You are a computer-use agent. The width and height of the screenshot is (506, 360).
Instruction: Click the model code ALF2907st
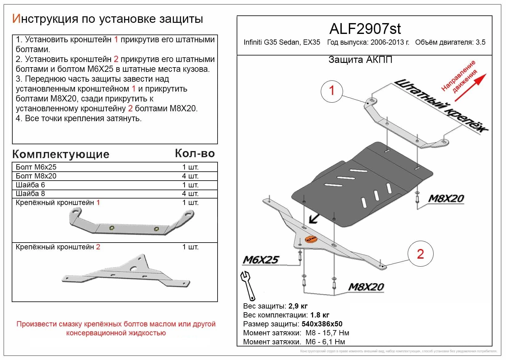tap(365, 29)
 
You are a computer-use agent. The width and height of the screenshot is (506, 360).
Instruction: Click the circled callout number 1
tap(332, 91)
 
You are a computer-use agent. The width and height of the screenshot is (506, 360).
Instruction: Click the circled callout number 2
tap(420, 254)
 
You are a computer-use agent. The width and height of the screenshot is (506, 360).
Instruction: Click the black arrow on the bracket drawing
tap(314, 219)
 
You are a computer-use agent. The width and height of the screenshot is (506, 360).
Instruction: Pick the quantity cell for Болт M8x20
tap(190, 176)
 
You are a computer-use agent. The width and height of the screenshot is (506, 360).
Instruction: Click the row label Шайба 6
tap(30, 185)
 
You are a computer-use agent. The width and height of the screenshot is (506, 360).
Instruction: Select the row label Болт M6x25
tap(36, 167)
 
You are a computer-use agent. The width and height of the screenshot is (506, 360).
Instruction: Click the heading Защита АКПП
tap(360, 60)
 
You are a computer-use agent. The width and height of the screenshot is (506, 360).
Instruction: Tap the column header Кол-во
tap(195, 153)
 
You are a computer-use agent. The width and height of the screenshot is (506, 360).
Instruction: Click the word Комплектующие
tap(61, 154)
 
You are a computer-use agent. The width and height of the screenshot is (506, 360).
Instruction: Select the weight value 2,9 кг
tap(298, 306)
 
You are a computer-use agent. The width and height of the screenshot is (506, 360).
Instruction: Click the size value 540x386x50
tap(322, 324)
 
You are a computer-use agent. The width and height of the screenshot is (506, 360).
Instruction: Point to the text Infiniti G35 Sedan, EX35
tap(282, 43)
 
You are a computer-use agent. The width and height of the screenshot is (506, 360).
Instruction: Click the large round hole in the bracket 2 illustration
tap(134, 268)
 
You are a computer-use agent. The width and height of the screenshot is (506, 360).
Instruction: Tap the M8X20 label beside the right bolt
tap(446, 198)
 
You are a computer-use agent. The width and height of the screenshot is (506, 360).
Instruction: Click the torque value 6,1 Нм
tap(334, 342)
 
